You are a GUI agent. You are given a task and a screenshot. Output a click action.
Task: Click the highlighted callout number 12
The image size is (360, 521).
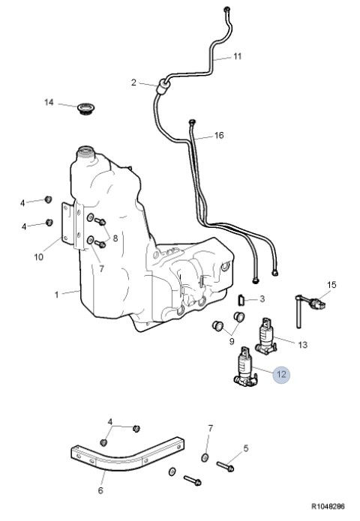pyautogui.click(x=281, y=375)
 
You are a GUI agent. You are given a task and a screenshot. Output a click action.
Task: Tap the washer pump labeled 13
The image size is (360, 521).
pyautogui.click(x=266, y=337)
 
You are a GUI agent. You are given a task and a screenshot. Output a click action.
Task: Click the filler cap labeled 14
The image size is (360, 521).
pyautogui.click(x=86, y=109)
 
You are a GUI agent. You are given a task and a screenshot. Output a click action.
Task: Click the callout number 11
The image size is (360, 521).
pyautogui.click(x=237, y=56)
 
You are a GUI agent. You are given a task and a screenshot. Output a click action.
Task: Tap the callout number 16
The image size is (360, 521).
pyautogui.click(x=219, y=135)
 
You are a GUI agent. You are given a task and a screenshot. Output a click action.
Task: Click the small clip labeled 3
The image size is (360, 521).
pyautogui.click(x=241, y=300)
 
